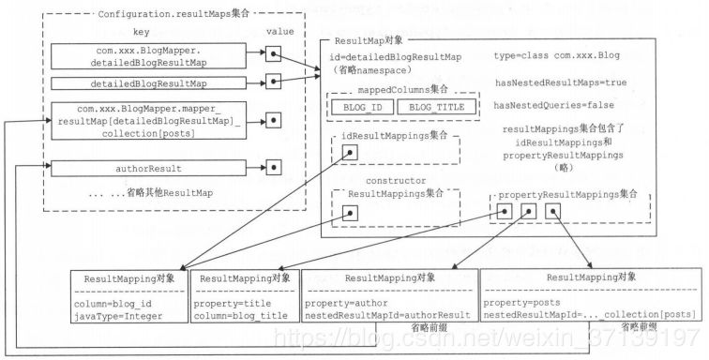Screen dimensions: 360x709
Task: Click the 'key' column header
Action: point(141,31)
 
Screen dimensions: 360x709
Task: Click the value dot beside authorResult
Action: point(273,169)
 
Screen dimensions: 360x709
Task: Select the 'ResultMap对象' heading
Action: point(372,43)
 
